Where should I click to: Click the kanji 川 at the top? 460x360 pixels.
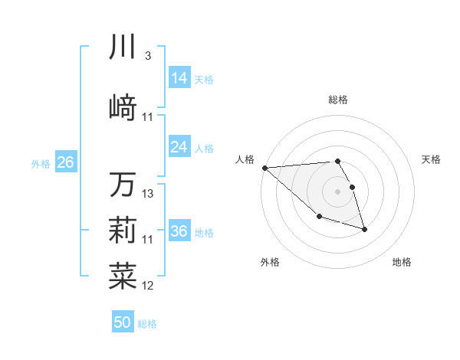(123, 47)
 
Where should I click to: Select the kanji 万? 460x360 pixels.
(123, 185)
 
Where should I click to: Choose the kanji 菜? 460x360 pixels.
(123, 276)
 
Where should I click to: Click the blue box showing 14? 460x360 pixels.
(179, 78)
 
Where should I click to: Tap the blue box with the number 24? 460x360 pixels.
(179, 147)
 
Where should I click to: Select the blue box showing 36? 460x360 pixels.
(179, 231)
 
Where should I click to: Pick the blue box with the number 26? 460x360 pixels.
(65, 162)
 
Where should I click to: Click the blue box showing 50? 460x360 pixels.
(123, 322)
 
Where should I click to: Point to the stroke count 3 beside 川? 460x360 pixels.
(147, 57)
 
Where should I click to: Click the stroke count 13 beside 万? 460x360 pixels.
(148, 195)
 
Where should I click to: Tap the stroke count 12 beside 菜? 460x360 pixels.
(148, 286)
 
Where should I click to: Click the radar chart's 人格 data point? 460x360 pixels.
(264, 168)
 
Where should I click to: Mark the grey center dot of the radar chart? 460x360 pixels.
(337, 191)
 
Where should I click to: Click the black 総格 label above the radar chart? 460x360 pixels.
(337, 100)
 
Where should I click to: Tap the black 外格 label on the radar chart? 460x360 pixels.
(270, 262)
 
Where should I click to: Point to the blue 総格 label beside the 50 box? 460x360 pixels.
(147, 324)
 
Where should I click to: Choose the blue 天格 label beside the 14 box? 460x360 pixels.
(204, 80)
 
